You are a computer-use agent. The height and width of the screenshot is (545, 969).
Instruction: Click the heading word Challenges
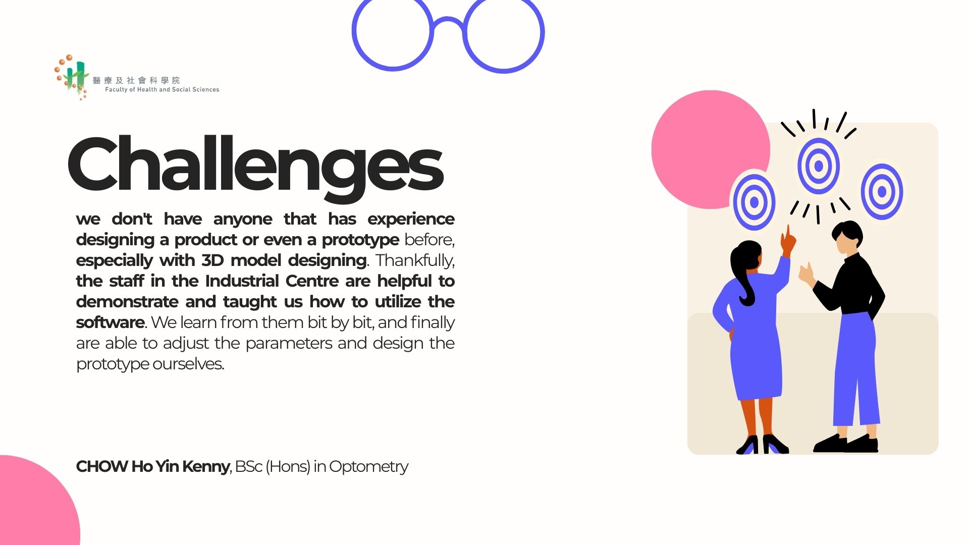click(x=255, y=167)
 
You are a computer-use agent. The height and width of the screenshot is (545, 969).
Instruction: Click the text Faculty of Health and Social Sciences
click(x=162, y=89)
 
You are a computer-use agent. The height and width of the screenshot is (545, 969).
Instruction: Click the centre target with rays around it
click(x=819, y=166)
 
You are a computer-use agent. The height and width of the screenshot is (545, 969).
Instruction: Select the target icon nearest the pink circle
click(x=754, y=202)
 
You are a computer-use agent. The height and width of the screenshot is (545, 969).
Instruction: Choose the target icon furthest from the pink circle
click(x=882, y=192)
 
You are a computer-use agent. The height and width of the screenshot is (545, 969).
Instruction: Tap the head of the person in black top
click(x=847, y=239)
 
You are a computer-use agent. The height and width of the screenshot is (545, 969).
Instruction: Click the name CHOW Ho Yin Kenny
click(x=153, y=466)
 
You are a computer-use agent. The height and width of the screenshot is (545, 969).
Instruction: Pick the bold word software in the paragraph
click(x=111, y=322)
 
